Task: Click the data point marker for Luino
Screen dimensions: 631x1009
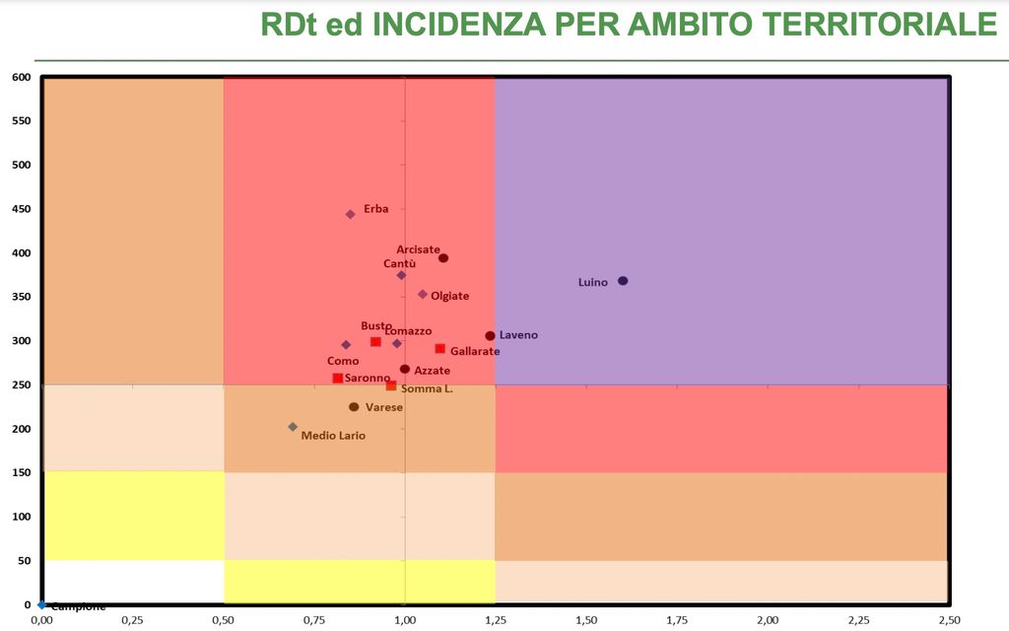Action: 623,281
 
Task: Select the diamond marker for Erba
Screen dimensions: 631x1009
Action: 350,214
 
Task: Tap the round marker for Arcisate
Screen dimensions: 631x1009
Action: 443,258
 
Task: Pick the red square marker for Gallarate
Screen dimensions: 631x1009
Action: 440,349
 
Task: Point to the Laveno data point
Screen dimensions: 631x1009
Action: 490,336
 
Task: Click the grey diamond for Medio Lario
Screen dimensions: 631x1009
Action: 293,427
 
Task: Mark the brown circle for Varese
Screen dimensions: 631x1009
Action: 354,407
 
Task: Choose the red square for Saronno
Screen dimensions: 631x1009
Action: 338,379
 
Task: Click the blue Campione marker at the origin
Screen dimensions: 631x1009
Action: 41,604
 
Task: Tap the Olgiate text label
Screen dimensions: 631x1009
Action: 449,296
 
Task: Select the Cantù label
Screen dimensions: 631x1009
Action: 399,263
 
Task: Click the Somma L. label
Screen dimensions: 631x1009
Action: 427,389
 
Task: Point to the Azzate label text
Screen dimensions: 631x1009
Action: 432,371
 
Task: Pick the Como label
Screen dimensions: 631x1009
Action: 343,361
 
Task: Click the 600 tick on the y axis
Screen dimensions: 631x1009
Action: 22,77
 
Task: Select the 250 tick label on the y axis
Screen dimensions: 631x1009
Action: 22,385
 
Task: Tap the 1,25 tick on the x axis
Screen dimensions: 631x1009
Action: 496,620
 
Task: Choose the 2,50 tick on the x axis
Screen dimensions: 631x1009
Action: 949,620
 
